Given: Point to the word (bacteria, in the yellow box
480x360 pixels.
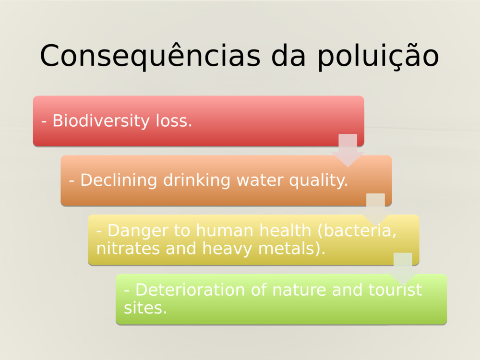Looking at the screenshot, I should pos(358,231).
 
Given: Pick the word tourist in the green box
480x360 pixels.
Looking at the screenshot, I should pos(396,290).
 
